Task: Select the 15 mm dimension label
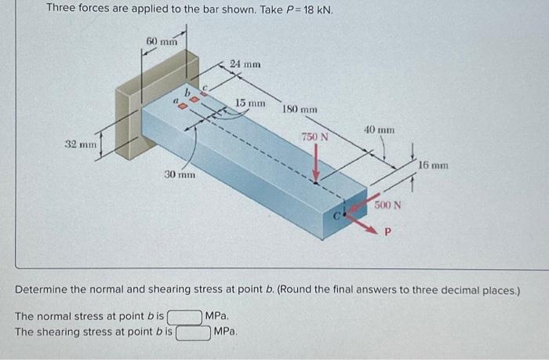point(251,103)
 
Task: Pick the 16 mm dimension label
point(433,165)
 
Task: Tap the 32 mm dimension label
point(80,144)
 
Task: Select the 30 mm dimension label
point(180,174)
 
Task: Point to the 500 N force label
point(387,205)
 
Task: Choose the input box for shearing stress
point(194,332)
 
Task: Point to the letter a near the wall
point(176,102)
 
